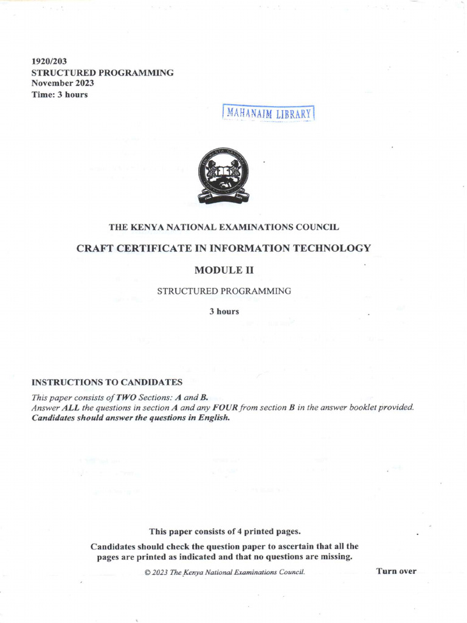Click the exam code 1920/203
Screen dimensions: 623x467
[x=49, y=61]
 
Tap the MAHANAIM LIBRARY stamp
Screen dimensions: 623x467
[x=269, y=113]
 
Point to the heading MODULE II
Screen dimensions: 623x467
[x=224, y=270]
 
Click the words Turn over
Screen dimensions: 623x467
[x=396, y=571]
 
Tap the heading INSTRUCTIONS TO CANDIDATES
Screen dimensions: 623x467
[x=106, y=382]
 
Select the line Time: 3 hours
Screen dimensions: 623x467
[x=60, y=94]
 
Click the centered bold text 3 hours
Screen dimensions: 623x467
[x=224, y=311]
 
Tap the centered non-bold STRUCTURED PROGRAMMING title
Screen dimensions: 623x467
[x=224, y=291]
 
